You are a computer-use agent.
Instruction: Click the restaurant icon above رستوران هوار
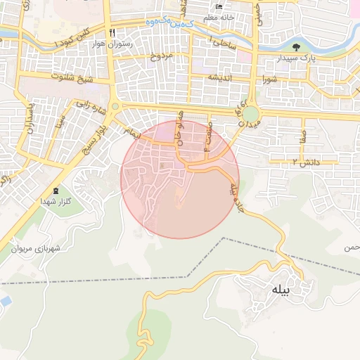coord(112,33)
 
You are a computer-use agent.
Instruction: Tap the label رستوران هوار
coord(112,44)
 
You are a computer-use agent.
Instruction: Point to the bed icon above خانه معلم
coord(219,6)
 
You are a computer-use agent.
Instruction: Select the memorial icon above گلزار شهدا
coord(56,192)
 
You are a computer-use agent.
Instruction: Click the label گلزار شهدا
coord(57,202)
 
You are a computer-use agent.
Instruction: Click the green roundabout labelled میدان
coord(251,113)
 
